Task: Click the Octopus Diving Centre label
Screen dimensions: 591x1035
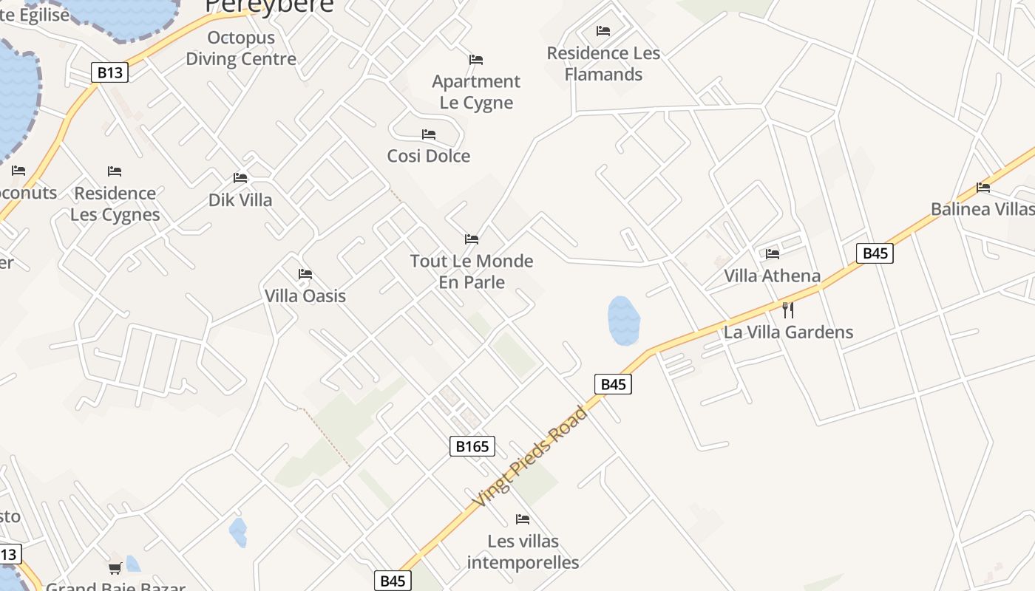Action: pos(241,48)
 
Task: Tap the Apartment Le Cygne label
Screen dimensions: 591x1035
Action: pos(476,92)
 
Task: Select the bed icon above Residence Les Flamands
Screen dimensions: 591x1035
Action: pos(603,31)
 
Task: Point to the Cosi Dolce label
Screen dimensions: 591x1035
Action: pos(429,156)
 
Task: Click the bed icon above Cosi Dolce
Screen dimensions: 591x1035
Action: pos(429,134)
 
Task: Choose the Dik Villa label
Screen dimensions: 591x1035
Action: pos(240,199)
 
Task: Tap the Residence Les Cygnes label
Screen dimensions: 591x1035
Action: pos(115,204)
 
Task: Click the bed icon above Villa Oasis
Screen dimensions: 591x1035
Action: pos(305,274)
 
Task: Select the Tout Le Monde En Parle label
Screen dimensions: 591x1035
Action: pos(472,271)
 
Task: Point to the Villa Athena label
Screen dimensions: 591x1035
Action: pos(773,276)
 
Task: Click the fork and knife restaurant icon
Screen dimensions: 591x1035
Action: pos(788,310)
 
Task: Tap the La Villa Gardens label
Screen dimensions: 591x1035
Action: pos(788,332)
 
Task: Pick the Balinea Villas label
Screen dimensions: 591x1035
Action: pos(983,208)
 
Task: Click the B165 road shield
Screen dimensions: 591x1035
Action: pos(472,446)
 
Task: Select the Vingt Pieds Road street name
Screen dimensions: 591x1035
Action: pos(530,457)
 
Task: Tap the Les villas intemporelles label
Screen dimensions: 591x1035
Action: pos(523,552)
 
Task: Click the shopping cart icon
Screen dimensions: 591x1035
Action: pos(115,568)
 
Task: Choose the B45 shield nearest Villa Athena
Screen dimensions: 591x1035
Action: pos(875,253)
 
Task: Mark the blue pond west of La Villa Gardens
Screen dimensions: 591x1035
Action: pos(623,321)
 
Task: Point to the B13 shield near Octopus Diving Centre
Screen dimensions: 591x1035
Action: pos(110,72)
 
